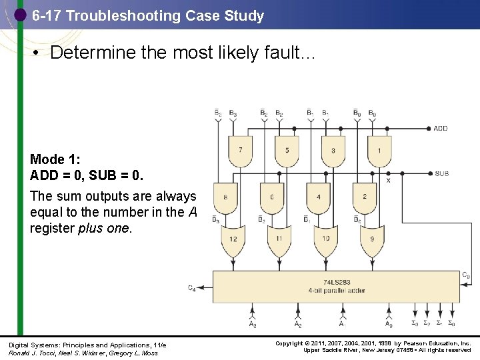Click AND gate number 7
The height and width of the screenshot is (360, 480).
[x=240, y=151]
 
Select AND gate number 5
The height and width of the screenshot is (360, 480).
[x=287, y=151]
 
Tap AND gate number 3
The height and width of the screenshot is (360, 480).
[x=333, y=151]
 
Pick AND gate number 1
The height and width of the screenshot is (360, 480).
[x=379, y=151]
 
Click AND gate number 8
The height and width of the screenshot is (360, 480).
[x=225, y=197]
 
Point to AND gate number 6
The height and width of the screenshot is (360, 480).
[x=272, y=197]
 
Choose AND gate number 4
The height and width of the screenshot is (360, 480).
[x=319, y=197]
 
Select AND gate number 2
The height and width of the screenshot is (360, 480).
[x=365, y=197]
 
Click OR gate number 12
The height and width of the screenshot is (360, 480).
[x=233, y=240]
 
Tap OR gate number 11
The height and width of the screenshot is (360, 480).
[x=279, y=240]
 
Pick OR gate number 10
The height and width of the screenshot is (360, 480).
[x=326, y=240]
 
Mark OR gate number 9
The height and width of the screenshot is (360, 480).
[x=372, y=240]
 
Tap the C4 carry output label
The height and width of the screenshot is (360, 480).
[x=192, y=289]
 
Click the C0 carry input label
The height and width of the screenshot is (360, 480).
[x=466, y=275]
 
